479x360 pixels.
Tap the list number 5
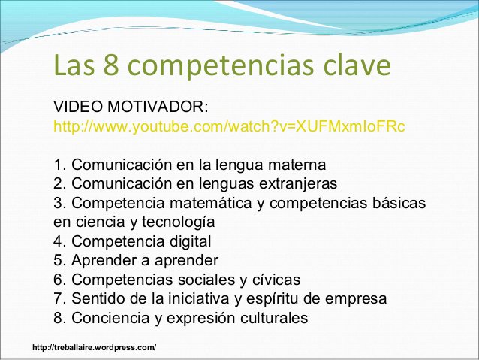pyautogui.click(x=59, y=261)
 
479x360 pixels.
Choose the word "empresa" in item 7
pyautogui.click(x=359, y=299)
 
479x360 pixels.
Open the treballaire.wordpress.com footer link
pyautogui.click(x=95, y=346)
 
